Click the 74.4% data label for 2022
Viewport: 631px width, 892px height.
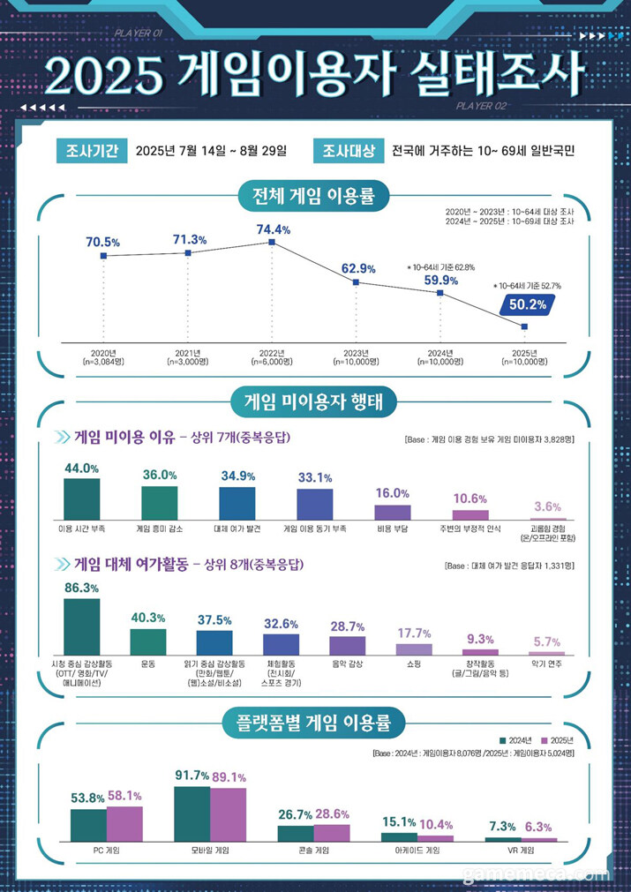273,229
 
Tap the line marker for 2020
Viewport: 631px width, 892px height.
103,256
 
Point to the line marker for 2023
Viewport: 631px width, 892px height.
356,282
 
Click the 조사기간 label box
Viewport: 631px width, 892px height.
92,150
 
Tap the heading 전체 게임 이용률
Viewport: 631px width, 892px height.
315,196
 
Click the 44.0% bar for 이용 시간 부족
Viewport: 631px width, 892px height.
82,498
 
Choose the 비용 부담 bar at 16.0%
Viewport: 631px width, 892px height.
393,512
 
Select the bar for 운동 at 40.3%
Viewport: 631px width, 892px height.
147,641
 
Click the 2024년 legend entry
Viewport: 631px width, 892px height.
517,739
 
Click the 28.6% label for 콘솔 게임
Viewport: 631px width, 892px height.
332,813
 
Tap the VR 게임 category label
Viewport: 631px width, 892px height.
521,851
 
